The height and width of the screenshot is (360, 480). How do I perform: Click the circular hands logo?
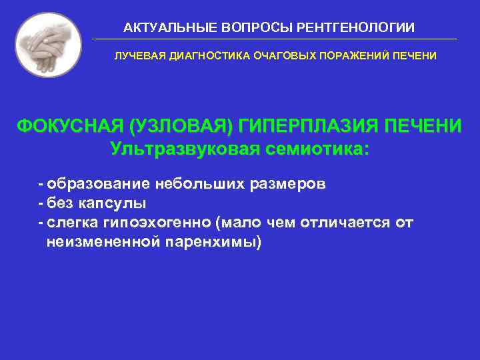(48, 44)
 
